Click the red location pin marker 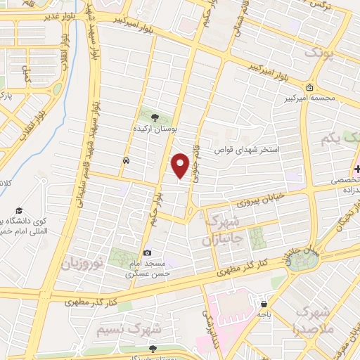click(x=181, y=166)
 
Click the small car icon click(x=125, y=160)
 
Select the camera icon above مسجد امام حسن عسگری click(x=147, y=252)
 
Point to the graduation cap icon click(x=20, y=211)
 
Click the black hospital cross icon click(x=357, y=169)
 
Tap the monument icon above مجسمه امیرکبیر click(x=310, y=87)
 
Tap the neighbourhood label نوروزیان click(x=84, y=264)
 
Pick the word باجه click(x=264, y=316)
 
